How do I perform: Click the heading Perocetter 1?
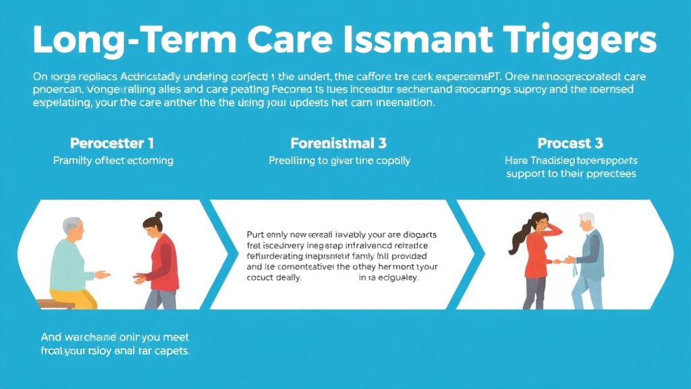coord(112,144)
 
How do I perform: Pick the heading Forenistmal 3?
coord(338,144)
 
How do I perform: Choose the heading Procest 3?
coord(570,144)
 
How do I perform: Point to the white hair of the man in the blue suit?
coord(587,219)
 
